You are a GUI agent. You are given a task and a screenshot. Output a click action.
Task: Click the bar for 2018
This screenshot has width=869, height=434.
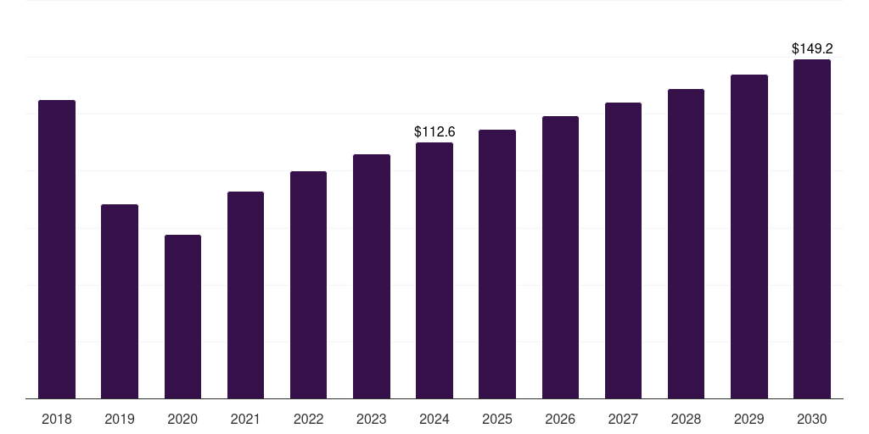tap(57, 249)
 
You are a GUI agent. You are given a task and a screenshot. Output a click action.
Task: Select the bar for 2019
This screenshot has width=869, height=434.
tap(120, 301)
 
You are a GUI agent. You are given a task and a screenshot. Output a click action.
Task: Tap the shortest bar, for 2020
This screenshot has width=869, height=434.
tap(183, 317)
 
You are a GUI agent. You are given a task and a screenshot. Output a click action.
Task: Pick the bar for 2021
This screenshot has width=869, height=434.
tap(245, 295)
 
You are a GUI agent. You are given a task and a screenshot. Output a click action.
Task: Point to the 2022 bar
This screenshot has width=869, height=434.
tap(308, 285)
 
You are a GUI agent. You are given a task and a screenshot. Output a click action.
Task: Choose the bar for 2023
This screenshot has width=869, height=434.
tap(372, 276)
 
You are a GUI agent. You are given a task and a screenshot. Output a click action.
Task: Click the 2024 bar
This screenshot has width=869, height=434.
tap(434, 270)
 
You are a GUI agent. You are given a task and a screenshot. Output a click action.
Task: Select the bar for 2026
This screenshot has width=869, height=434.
tap(560, 258)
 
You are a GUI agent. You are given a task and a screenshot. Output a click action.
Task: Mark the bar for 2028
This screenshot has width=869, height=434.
tap(686, 243)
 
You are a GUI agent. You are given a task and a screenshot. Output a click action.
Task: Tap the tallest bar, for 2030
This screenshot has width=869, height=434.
tap(812, 229)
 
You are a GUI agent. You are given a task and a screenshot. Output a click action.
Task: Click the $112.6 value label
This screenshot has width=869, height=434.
tap(434, 131)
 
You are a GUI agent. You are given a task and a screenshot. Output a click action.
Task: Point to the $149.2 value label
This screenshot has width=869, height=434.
tap(812, 48)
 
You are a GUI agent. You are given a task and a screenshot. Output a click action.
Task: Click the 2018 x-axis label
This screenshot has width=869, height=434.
tap(57, 419)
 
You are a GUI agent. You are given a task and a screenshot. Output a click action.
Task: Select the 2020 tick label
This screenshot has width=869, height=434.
tap(182, 419)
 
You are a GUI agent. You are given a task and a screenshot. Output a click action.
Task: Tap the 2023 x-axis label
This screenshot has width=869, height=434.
tap(372, 419)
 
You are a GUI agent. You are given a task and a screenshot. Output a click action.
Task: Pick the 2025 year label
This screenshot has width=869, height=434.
tap(497, 419)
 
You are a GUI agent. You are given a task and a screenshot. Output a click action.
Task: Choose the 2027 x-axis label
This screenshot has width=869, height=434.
tap(623, 419)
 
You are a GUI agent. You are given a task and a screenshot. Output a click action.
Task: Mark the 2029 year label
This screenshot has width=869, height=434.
tap(748, 419)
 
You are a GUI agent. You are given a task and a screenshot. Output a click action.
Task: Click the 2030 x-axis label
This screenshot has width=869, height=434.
tap(812, 419)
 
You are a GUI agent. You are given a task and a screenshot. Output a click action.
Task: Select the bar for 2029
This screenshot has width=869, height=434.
tap(749, 236)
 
